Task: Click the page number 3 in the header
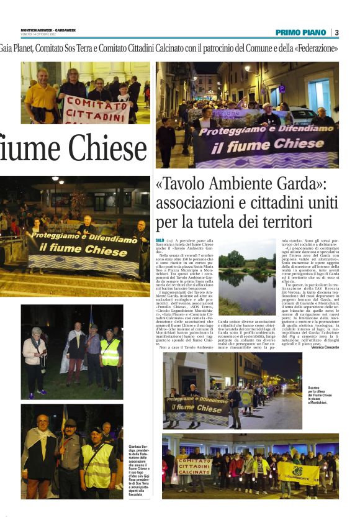pyautogui.click(x=336, y=32)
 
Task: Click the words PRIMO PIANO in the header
pyautogui.click(x=302, y=32)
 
